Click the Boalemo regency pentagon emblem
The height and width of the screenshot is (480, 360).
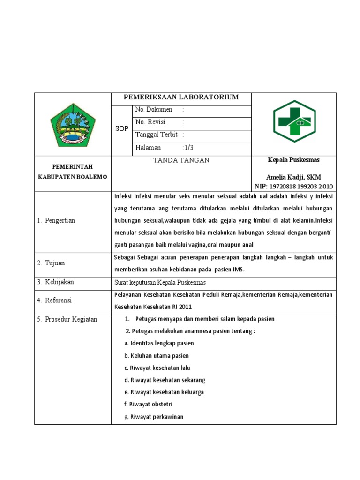coord(72,125)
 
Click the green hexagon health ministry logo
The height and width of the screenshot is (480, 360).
coord(294,121)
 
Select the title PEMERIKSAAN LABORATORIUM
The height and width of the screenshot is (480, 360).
coord(181,97)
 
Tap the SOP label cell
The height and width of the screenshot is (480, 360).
coord(121,128)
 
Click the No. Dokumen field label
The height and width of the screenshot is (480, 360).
coord(154,110)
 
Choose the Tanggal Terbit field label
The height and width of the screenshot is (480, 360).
coord(156,135)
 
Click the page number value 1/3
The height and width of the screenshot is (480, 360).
coord(188,148)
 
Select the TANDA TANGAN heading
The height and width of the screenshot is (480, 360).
coord(181,160)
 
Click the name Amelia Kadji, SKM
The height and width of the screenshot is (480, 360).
coord(293,177)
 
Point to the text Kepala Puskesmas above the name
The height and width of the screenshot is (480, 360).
coord(293,160)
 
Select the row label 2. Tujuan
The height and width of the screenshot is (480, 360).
coord(52,263)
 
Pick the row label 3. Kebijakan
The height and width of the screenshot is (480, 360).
coord(55,282)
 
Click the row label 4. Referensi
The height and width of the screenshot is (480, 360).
coord(54,300)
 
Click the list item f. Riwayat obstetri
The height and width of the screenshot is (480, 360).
coord(148,404)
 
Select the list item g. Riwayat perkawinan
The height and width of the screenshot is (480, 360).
coord(153,417)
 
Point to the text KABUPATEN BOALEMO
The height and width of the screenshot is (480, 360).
coord(72,177)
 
